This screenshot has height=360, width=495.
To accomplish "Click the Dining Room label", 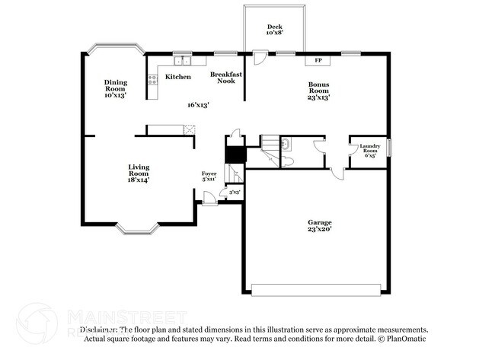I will [116, 88].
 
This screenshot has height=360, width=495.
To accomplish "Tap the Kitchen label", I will [178, 77].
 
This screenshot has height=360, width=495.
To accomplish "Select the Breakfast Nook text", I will [226, 77].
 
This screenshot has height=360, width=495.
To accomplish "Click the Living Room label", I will [139, 173].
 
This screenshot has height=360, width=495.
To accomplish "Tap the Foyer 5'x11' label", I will [209, 177].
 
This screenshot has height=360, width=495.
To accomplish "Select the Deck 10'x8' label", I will [274, 30].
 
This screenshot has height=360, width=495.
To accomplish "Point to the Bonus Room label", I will [318, 91].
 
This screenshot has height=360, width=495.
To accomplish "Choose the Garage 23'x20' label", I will [319, 225].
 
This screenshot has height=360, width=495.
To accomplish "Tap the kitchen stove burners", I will [152, 78].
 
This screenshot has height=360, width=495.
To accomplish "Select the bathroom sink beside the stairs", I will [285, 144].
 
